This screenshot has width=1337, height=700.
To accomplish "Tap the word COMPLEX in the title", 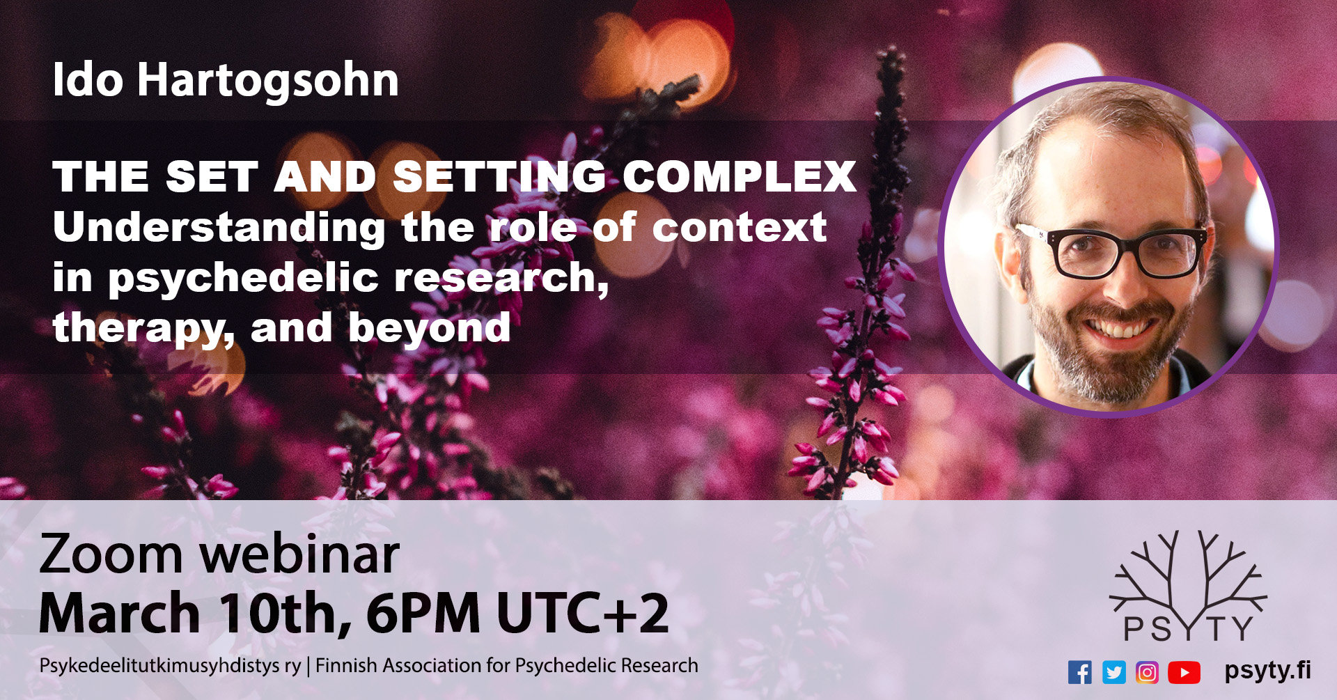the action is tap(740, 176).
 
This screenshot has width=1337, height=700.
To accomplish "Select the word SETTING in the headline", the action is tap(500, 176).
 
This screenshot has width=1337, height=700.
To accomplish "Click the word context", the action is tap(740, 227).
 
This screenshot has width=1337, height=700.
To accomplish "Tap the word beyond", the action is tap(430, 328).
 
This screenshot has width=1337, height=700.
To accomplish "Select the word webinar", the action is tap(300, 554).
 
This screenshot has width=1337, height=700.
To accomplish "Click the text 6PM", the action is tap(423, 614).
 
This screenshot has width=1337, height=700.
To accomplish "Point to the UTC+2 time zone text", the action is tap(582, 614).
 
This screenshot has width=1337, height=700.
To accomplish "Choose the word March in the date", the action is tap(120, 614).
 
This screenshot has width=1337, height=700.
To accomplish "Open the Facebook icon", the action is tap(1080, 672).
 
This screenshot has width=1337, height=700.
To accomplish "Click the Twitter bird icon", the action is tap(1114, 672).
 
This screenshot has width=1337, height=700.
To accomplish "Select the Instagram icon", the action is tap(1148, 672).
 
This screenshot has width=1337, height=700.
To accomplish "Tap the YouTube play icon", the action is tap(1184, 672).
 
